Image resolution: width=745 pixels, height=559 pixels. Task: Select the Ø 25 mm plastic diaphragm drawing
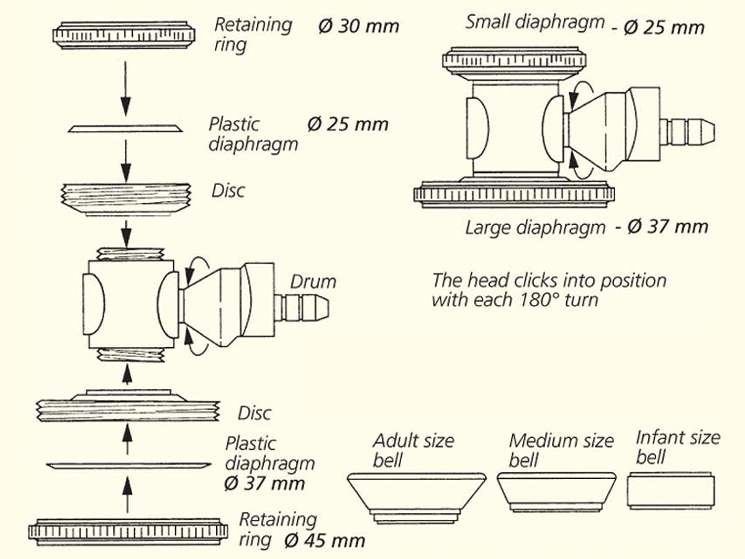pyautogui.click(x=127, y=129)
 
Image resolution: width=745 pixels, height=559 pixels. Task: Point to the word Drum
pyautogui.click(x=313, y=281)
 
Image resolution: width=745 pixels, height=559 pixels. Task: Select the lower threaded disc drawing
pyautogui.click(x=128, y=407)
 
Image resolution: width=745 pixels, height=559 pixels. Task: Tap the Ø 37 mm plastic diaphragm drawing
pyautogui.click(x=128, y=466)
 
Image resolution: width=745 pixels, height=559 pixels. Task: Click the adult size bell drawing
pyautogui.click(x=416, y=497)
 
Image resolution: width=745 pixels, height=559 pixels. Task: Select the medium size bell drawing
pyautogui.click(x=556, y=492)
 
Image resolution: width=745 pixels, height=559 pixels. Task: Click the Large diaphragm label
pyautogui.click(x=535, y=227)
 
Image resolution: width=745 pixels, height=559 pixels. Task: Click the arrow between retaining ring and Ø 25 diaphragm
pyautogui.click(x=126, y=87)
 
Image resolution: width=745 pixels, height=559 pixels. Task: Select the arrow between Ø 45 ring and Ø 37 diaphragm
pyautogui.click(x=127, y=494)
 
